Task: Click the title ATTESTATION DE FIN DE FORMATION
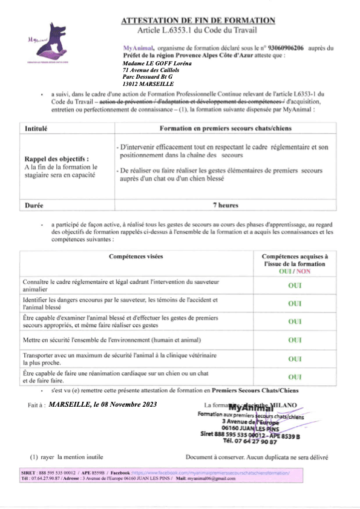point(198,21)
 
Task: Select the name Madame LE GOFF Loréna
point(153,62)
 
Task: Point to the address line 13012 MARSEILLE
point(148,84)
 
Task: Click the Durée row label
point(34,205)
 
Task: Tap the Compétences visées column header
point(136,257)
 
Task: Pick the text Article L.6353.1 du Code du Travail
point(198,30)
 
